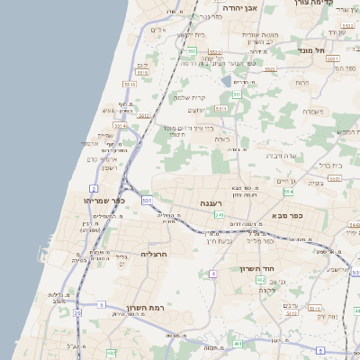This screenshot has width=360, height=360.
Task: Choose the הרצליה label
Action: point(155,254)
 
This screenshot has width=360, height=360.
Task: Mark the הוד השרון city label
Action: point(262,268)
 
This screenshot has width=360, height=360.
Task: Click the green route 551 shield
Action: point(237,94)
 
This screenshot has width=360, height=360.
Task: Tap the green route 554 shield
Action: point(288,192)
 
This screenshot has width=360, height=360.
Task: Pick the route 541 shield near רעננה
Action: point(219,215)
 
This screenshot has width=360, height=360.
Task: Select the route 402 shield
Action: point(260,281)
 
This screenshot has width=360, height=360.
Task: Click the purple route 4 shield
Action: point(213,274)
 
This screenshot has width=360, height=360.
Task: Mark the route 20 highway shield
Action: point(77,313)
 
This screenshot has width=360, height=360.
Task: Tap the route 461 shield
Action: point(238,344)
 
